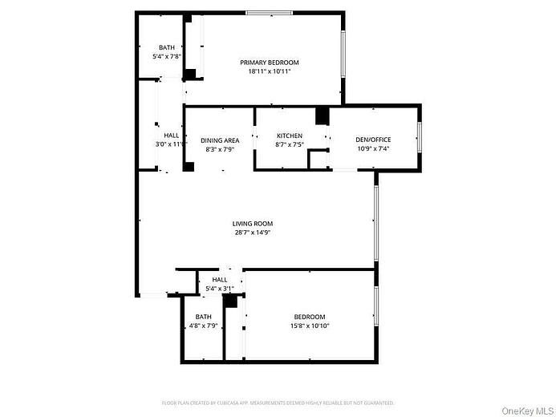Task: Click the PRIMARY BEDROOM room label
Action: [x=270, y=63]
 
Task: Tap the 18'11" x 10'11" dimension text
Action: [x=270, y=71]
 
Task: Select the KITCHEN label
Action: [x=289, y=136]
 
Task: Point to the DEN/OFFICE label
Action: [x=373, y=140]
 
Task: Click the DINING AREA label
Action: [x=220, y=140]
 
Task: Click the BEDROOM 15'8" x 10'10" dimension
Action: [x=310, y=326]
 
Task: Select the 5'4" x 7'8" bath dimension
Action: [x=167, y=57]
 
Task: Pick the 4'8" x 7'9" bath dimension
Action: [x=203, y=326]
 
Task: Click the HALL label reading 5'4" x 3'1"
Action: [x=220, y=288]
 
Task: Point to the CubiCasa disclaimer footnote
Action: [x=278, y=403]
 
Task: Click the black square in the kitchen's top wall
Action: [x=323, y=116]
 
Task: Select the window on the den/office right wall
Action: [x=419, y=137]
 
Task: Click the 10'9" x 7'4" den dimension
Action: [x=373, y=148]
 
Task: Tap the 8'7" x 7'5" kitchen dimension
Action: [x=289, y=145]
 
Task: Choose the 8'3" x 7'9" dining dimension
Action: [x=220, y=149]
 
